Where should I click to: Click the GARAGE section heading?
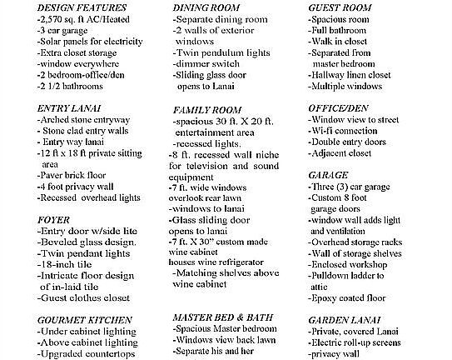[x=330, y=177]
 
